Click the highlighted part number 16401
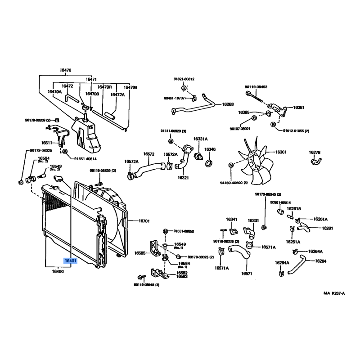tap(71, 261)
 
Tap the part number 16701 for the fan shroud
tap(144, 221)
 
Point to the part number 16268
tap(228, 104)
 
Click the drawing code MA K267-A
tap(334, 293)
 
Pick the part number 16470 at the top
tap(66, 70)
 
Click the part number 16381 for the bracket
tap(299, 108)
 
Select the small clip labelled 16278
tap(315, 159)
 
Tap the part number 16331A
tap(200, 139)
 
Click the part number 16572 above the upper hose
tap(149, 153)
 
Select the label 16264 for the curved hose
tap(321, 261)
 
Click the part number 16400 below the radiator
tap(58, 271)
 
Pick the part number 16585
tap(140, 253)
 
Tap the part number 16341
tap(231, 220)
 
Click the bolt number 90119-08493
tap(256, 86)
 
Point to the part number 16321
tap(183, 178)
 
